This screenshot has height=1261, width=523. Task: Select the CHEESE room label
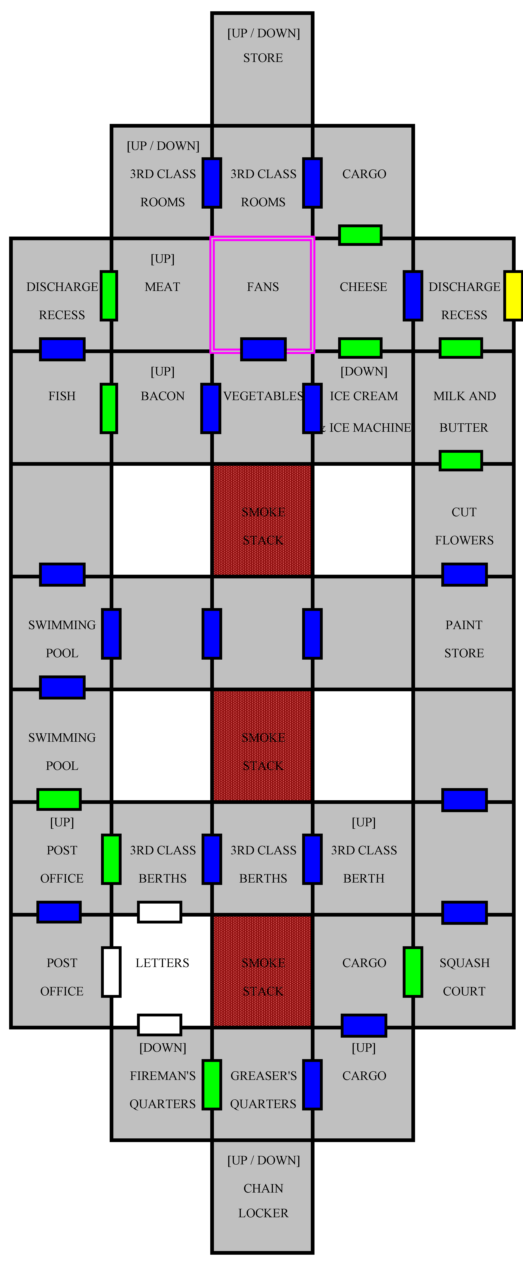(363, 287)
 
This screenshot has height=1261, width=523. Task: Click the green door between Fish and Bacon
(109, 408)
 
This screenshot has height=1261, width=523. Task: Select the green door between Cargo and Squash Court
(413, 972)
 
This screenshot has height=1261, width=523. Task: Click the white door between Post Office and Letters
(111, 972)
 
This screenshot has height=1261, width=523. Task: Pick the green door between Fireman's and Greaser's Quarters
(212, 1084)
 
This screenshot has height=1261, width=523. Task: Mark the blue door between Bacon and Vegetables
(211, 408)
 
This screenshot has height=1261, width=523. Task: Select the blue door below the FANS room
(263, 349)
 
